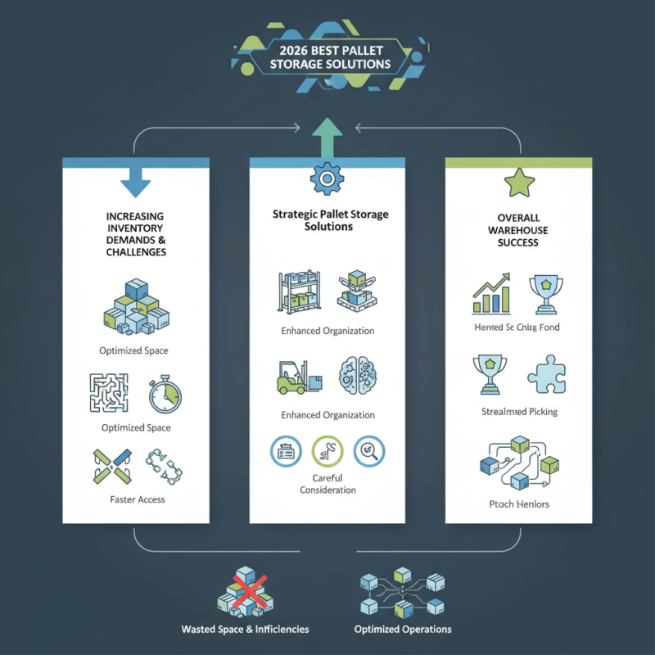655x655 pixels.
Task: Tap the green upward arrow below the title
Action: coord(327,135)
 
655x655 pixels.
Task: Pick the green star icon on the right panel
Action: coord(518,183)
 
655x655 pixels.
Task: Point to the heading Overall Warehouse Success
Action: coord(518,232)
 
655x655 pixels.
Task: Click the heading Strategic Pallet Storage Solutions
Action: coord(330,219)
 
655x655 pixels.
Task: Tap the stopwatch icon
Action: coord(165,395)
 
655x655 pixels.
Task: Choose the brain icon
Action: coord(358,377)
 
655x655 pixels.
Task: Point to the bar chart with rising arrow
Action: coord(491,295)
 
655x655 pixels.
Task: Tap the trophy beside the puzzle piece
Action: coord(490,374)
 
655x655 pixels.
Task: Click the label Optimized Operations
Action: coord(403,630)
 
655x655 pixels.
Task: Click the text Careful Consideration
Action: coord(327,483)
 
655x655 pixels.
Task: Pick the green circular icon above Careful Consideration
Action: coord(328,449)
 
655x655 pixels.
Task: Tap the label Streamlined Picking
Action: coord(519,411)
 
